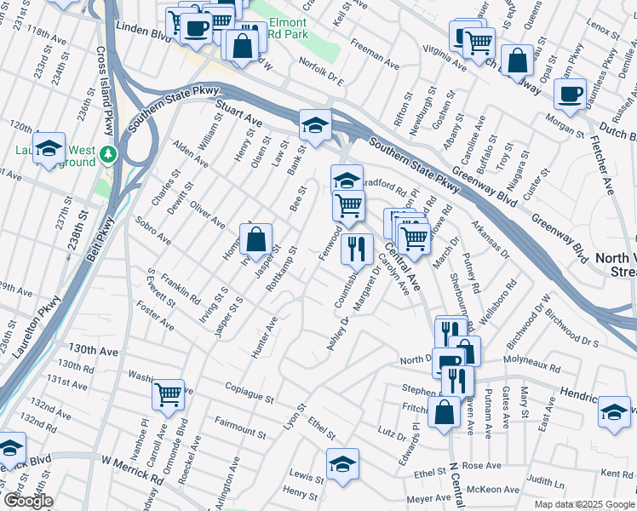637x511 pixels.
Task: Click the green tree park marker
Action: coord(108,154)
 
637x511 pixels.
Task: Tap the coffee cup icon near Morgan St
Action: coord(570,94)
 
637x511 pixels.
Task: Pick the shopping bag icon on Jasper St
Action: coord(256,241)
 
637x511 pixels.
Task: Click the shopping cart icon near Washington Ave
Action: coord(169,393)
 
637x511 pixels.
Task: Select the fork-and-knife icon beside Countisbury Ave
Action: coord(357,249)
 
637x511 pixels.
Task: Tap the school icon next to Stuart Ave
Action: coord(314,125)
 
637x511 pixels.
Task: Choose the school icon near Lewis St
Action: coord(342,464)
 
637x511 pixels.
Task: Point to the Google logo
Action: coord(27,501)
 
